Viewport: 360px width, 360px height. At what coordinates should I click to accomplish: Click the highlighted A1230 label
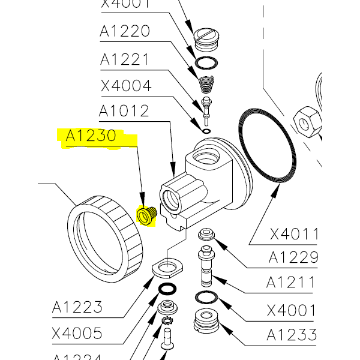coord(91,137)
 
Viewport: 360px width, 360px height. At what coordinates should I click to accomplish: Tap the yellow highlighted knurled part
coord(148,214)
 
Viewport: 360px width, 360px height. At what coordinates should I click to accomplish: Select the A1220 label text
coord(125,31)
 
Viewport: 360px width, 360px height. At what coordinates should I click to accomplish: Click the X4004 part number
coord(125,85)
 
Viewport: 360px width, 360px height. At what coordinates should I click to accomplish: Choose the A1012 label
coord(124,111)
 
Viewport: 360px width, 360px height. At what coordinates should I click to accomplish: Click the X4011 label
coord(293,233)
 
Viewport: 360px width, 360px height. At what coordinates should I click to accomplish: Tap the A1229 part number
coord(293,257)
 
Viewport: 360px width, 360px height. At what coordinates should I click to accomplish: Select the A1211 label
coord(291,282)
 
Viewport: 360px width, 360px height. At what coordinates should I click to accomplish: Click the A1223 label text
coord(77,308)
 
